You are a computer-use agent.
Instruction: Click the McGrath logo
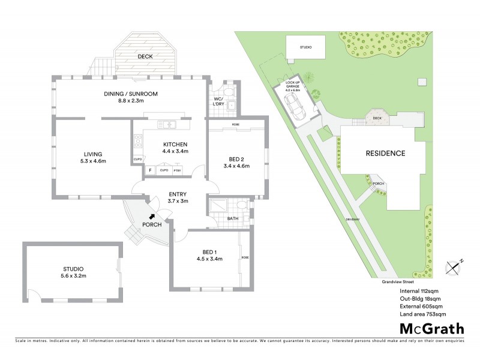tap(431, 329)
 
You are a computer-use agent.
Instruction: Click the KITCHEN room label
tap(176, 145)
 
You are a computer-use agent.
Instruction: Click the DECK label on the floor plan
tap(144, 57)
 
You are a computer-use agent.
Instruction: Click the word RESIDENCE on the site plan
tap(385, 154)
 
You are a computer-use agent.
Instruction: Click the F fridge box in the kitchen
tap(150, 170)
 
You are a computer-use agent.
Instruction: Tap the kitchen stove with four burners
tap(139, 143)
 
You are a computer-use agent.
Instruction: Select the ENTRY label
tap(178, 194)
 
